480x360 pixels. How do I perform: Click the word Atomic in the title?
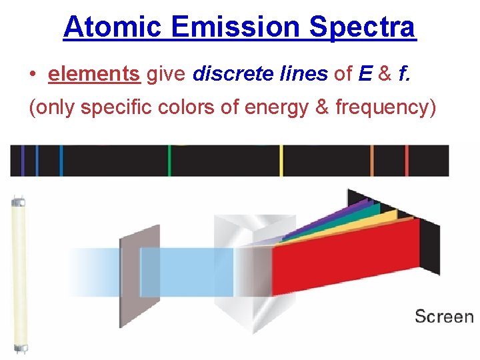[x=113, y=27]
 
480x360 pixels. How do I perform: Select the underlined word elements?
[x=94, y=74]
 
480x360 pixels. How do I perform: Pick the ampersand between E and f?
[x=385, y=74]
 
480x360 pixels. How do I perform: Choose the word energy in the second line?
[x=278, y=107]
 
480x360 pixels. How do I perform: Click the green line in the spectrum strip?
[x=169, y=161]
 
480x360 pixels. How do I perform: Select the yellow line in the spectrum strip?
[x=281, y=161]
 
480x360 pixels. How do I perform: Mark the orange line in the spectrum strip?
[x=372, y=161]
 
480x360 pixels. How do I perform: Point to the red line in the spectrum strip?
[x=407, y=161]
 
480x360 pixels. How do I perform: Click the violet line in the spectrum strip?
[x=23, y=161]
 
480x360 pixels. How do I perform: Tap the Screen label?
[x=443, y=316]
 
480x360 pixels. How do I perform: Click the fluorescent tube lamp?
[x=18, y=273]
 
